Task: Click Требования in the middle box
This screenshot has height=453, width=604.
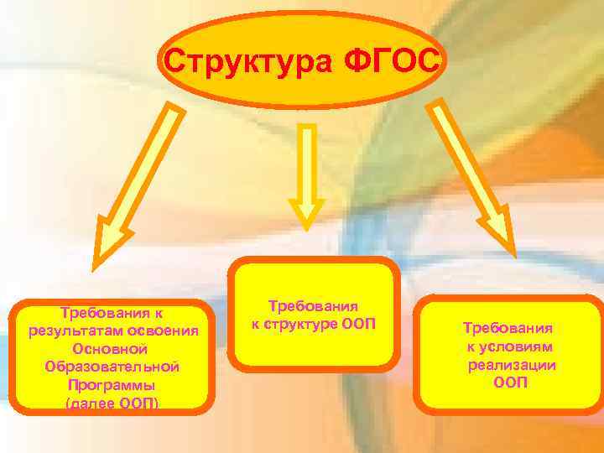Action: pos(313,307)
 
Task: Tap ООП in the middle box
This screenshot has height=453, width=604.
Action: pos(360,325)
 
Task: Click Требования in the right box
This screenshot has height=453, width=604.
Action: pos(508,329)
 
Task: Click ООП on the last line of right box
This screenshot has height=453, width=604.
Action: pos(510,383)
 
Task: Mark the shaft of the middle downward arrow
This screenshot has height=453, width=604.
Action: pos(307,159)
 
